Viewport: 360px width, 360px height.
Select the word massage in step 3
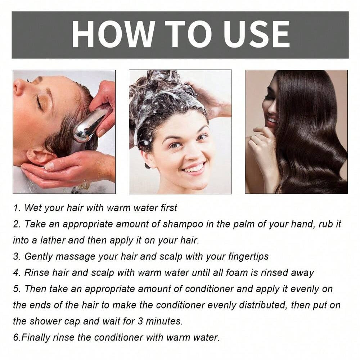(78, 256)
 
